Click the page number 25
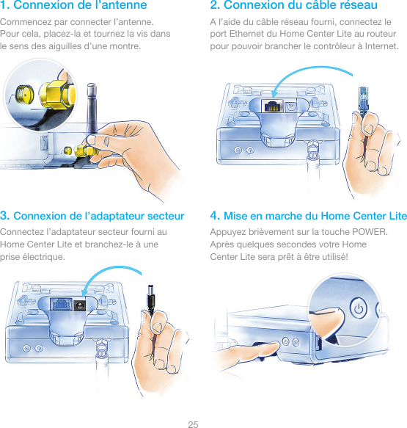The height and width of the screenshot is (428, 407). point(193,424)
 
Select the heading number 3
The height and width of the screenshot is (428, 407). point(4,215)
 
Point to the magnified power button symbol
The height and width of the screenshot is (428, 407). point(358,308)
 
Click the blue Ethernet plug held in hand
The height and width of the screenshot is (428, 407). point(364,101)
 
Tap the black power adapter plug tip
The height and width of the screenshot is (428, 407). point(151,298)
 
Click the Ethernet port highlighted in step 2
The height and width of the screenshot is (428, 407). point(272,106)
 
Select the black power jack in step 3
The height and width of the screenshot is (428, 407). point(80,305)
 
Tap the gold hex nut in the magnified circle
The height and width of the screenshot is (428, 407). point(58,95)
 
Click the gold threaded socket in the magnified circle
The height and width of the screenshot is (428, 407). point(24,94)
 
